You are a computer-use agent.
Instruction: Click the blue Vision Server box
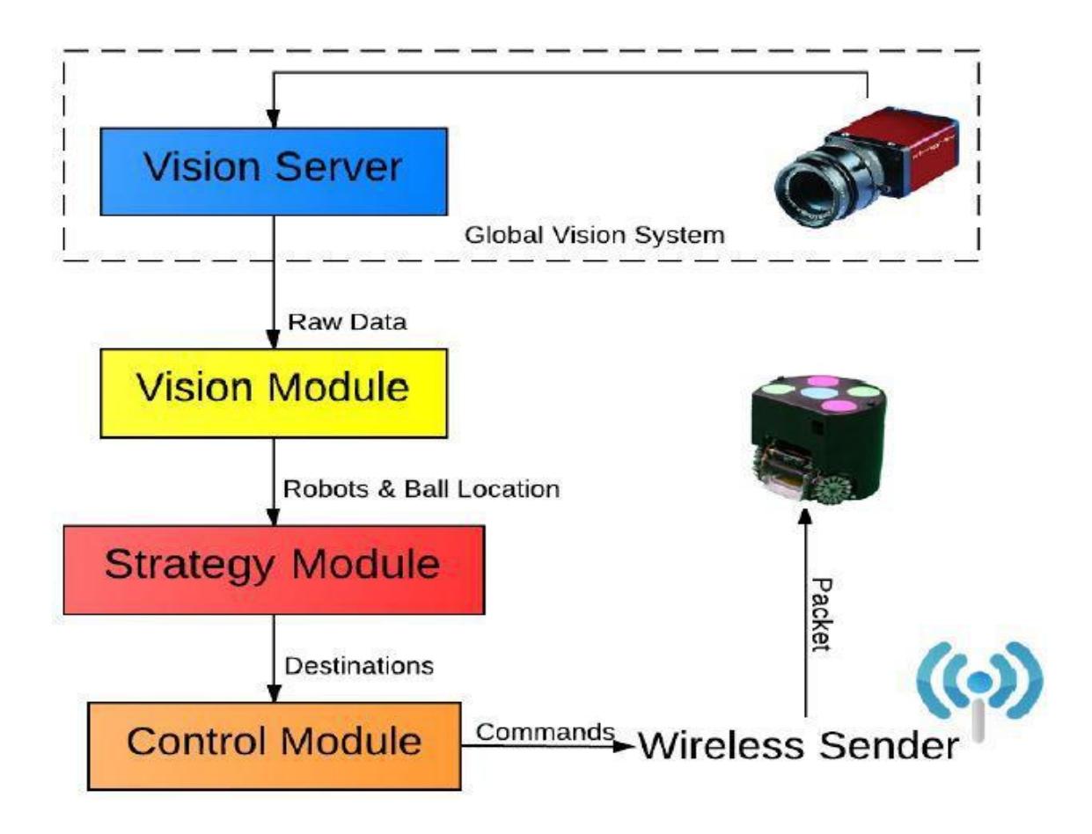point(274,171)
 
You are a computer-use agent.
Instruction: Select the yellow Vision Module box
point(274,393)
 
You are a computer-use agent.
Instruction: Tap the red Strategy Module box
point(274,570)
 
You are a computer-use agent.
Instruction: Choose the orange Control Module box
point(275,746)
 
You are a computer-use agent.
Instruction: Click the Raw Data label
point(348,322)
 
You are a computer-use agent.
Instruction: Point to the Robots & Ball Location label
point(421,489)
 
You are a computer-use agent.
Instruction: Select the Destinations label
point(359,665)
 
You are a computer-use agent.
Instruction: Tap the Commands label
point(546,732)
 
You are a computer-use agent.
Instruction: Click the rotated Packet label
point(821,615)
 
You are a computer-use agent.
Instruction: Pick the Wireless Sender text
point(798,746)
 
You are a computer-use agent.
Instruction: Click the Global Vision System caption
point(595,235)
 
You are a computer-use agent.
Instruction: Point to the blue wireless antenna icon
point(979,689)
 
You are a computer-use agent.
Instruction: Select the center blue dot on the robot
point(820,393)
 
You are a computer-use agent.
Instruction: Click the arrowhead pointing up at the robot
point(805,517)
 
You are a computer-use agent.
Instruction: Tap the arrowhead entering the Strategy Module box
point(273,516)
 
